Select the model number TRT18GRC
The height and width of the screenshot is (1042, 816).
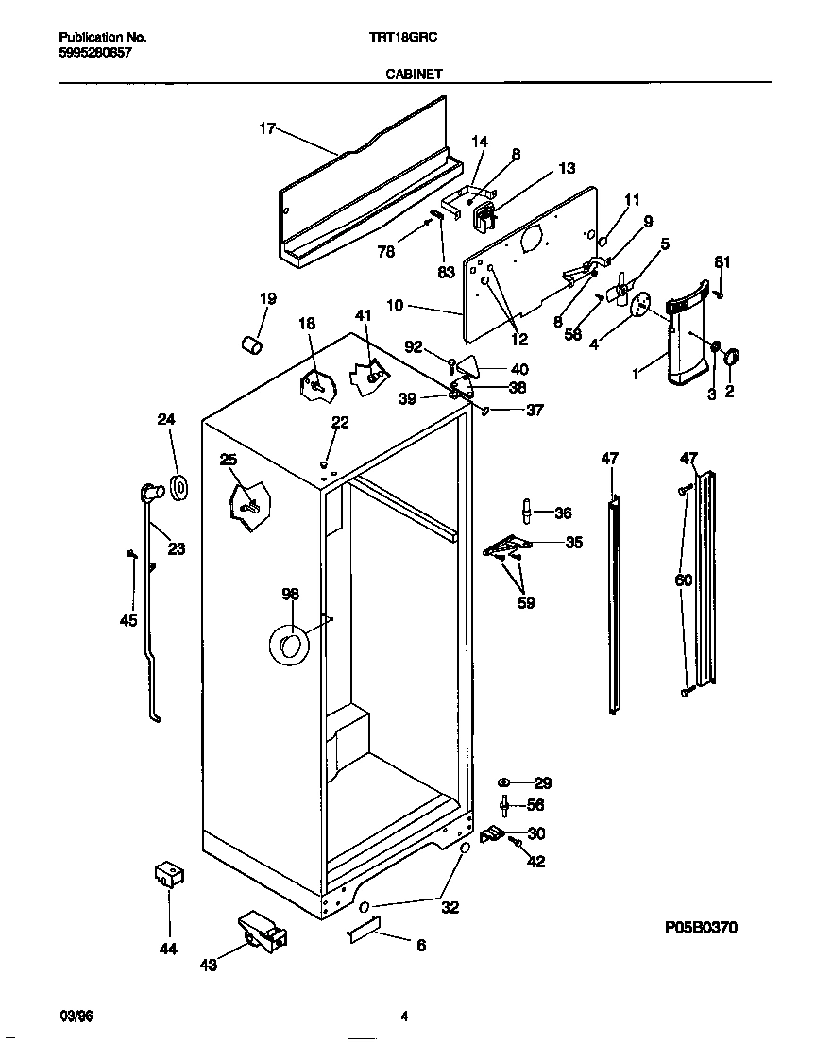pos(407,38)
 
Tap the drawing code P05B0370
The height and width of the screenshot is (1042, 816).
pos(699,928)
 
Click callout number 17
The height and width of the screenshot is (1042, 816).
pos(267,129)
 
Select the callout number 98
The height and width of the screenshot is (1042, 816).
pos(290,594)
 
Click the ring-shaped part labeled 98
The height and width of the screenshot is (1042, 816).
pos(288,646)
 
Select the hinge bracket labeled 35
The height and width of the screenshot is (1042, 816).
pos(507,546)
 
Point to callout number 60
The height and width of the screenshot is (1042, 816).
pos(684,580)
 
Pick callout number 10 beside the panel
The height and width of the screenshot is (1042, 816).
pos(395,306)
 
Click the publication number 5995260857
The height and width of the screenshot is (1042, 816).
pos(95,53)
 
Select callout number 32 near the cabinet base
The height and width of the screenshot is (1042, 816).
pos(450,908)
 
